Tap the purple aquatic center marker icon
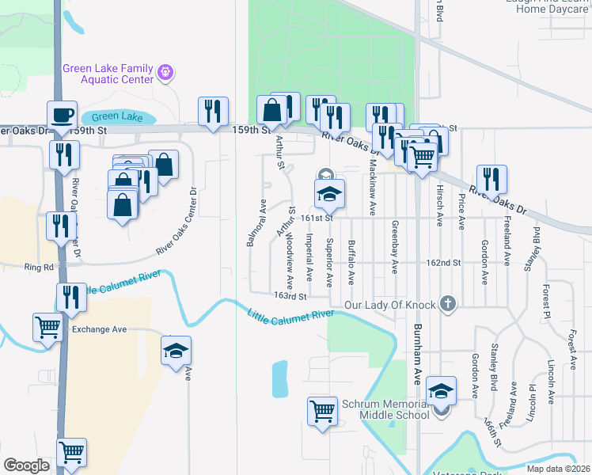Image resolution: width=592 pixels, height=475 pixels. click(x=165, y=73)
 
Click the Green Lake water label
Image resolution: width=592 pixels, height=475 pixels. click(x=122, y=117)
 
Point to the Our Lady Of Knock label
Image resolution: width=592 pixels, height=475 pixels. click(x=391, y=305)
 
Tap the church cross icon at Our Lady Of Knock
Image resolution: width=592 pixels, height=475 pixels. click(x=448, y=303)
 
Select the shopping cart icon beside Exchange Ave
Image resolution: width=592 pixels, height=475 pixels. click(x=47, y=325)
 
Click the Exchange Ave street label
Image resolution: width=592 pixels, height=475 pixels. click(x=99, y=329)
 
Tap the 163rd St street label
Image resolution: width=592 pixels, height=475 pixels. click(x=290, y=296)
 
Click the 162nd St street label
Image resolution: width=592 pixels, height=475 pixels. click(x=443, y=262)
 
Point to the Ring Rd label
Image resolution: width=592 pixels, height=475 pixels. click(x=38, y=268)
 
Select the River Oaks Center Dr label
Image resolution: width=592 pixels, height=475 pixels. click(x=175, y=222)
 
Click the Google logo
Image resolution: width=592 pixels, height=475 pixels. click(x=26, y=465)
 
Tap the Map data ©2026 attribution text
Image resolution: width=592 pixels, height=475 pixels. click(x=558, y=469)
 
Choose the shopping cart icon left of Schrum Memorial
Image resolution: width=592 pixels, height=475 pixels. click(x=323, y=410)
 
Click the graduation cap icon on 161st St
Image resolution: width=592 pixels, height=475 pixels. click(x=330, y=192)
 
